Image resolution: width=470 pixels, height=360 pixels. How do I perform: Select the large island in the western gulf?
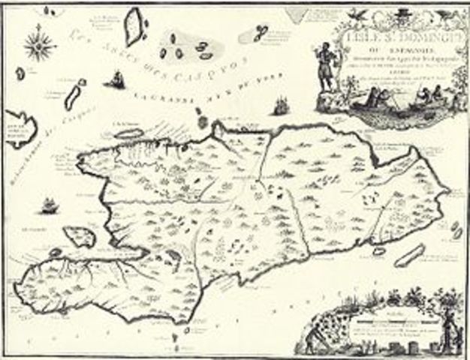[x=83, y=237]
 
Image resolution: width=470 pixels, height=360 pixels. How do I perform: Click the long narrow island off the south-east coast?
[x=409, y=255]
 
